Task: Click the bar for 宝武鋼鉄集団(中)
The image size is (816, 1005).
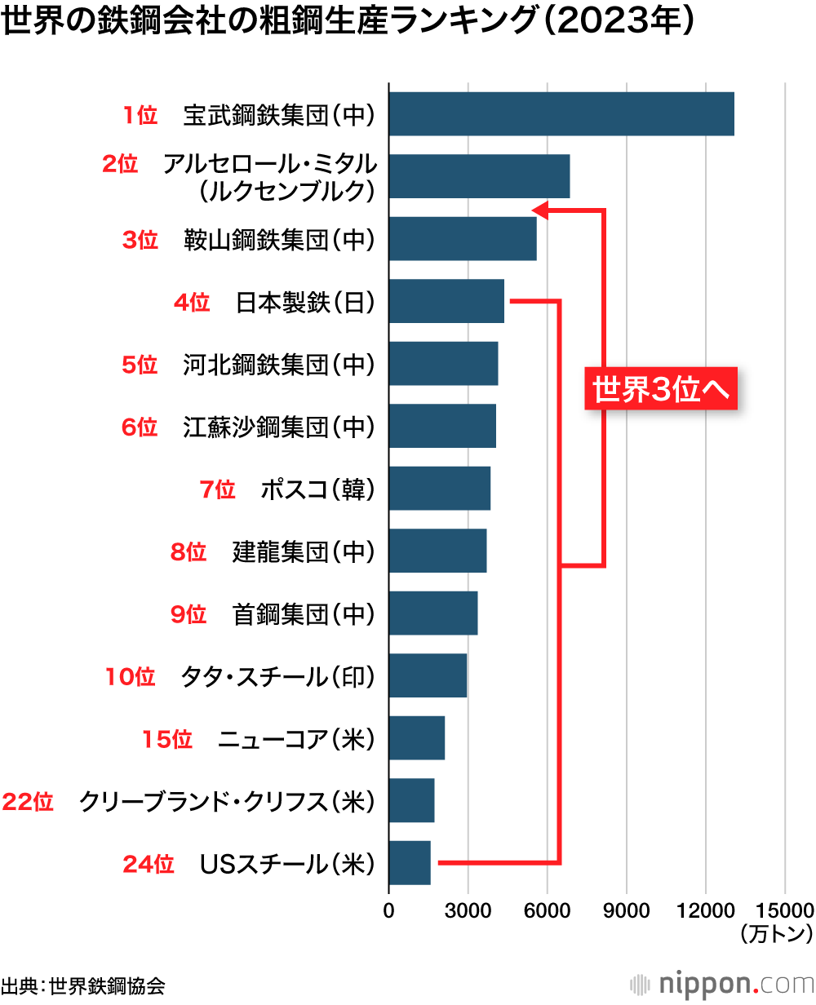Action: click(x=561, y=114)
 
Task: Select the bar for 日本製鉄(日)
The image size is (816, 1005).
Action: click(x=446, y=301)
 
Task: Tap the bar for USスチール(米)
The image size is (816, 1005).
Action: click(x=410, y=863)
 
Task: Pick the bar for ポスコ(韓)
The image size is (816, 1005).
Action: click(x=440, y=488)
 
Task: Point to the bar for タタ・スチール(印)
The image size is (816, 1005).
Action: click(x=428, y=675)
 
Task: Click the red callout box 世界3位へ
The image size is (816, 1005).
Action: click(x=660, y=389)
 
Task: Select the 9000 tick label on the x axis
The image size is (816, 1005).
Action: click(x=626, y=909)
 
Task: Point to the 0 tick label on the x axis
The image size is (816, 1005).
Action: click(x=389, y=909)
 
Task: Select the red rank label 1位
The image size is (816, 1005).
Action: click(x=140, y=115)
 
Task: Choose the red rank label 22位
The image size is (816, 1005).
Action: click(x=29, y=802)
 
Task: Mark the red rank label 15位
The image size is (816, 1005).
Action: click(x=167, y=740)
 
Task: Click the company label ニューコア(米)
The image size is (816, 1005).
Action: click(x=296, y=740)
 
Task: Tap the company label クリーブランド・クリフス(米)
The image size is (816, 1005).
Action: click(x=227, y=802)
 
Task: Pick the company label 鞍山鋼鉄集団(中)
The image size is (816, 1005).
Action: click(x=279, y=240)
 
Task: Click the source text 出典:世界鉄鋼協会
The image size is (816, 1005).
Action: click(x=83, y=985)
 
